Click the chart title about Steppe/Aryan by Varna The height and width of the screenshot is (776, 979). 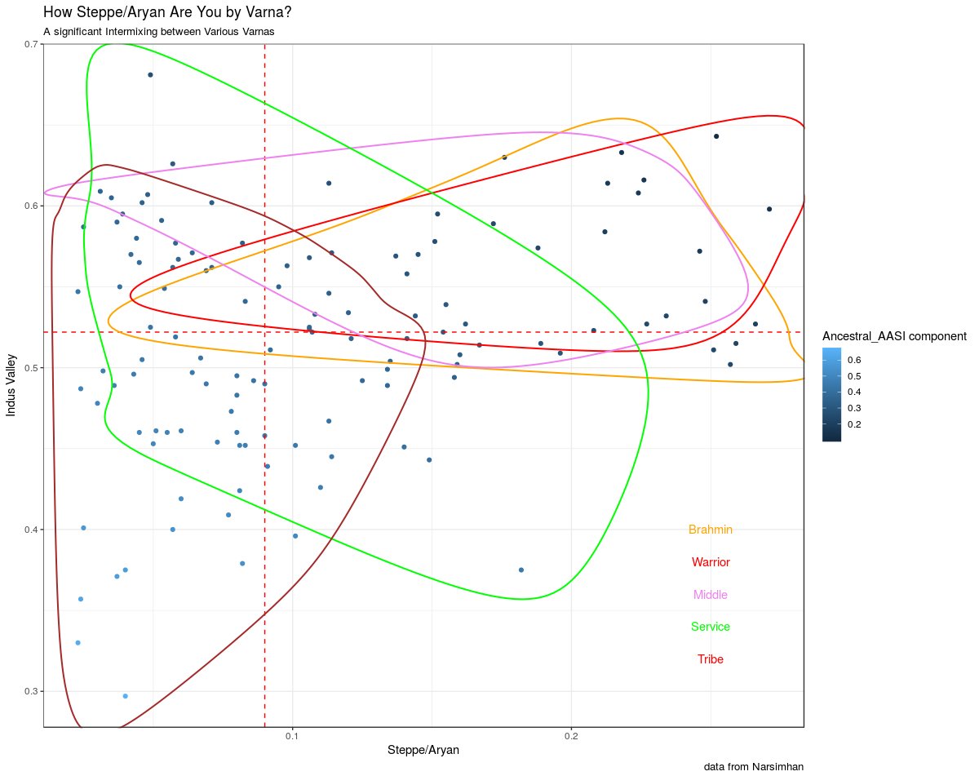pos(167,12)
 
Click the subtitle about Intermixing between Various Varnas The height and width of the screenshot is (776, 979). pos(159,32)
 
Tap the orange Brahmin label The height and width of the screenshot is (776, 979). pos(710,530)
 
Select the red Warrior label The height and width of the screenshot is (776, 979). pos(710,562)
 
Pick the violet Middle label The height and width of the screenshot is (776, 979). pos(710,595)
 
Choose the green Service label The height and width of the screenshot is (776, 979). pos(710,627)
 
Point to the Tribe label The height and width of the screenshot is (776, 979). pos(710,659)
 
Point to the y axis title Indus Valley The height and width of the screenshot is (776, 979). pos(12,384)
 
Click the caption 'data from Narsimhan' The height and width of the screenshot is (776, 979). pos(753,767)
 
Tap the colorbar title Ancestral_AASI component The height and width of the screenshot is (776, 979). pos(894,336)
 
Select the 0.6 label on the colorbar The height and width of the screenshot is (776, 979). pos(855,360)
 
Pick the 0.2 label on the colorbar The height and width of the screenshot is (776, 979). pos(855,424)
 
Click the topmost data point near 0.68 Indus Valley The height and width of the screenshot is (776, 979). pos(150,75)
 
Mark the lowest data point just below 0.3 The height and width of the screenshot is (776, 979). pos(125,696)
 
